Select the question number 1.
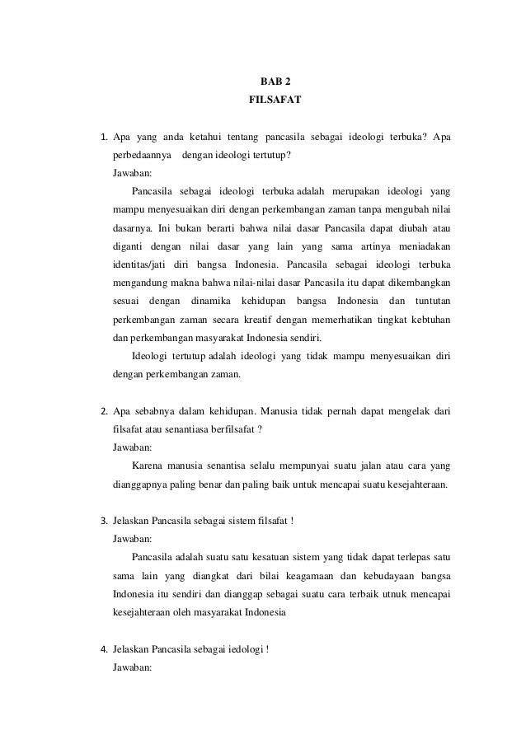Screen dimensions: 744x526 [x=103, y=137]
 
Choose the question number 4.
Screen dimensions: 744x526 [x=103, y=649]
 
